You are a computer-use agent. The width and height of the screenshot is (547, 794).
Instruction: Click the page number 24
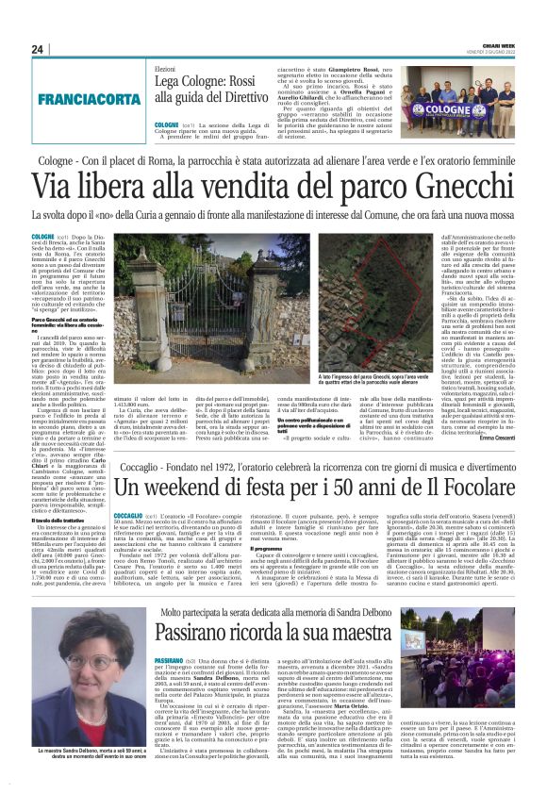tap(37, 49)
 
